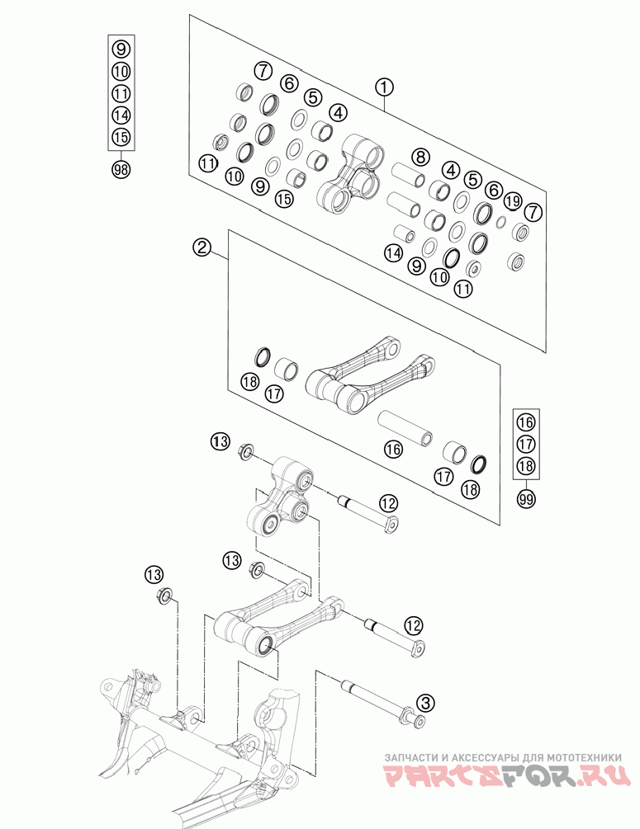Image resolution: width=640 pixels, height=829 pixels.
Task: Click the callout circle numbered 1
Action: coord(384,87)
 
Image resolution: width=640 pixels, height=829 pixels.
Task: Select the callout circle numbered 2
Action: coord(201,246)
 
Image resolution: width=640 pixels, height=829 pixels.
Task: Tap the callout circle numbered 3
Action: coord(425,703)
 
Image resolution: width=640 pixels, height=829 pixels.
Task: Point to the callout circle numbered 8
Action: coord(420,157)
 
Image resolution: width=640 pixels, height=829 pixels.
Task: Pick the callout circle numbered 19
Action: coord(512,200)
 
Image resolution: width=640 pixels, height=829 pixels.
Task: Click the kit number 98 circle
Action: coord(121,170)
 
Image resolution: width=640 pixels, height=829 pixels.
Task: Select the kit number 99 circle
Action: coord(526,497)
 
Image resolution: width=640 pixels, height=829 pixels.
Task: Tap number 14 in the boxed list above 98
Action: coord(121,115)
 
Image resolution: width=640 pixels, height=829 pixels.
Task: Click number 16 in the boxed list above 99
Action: coord(526,422)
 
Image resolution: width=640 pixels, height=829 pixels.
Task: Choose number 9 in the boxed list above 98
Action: coord(121,48)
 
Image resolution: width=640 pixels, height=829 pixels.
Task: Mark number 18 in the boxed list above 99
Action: coord(526,466)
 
